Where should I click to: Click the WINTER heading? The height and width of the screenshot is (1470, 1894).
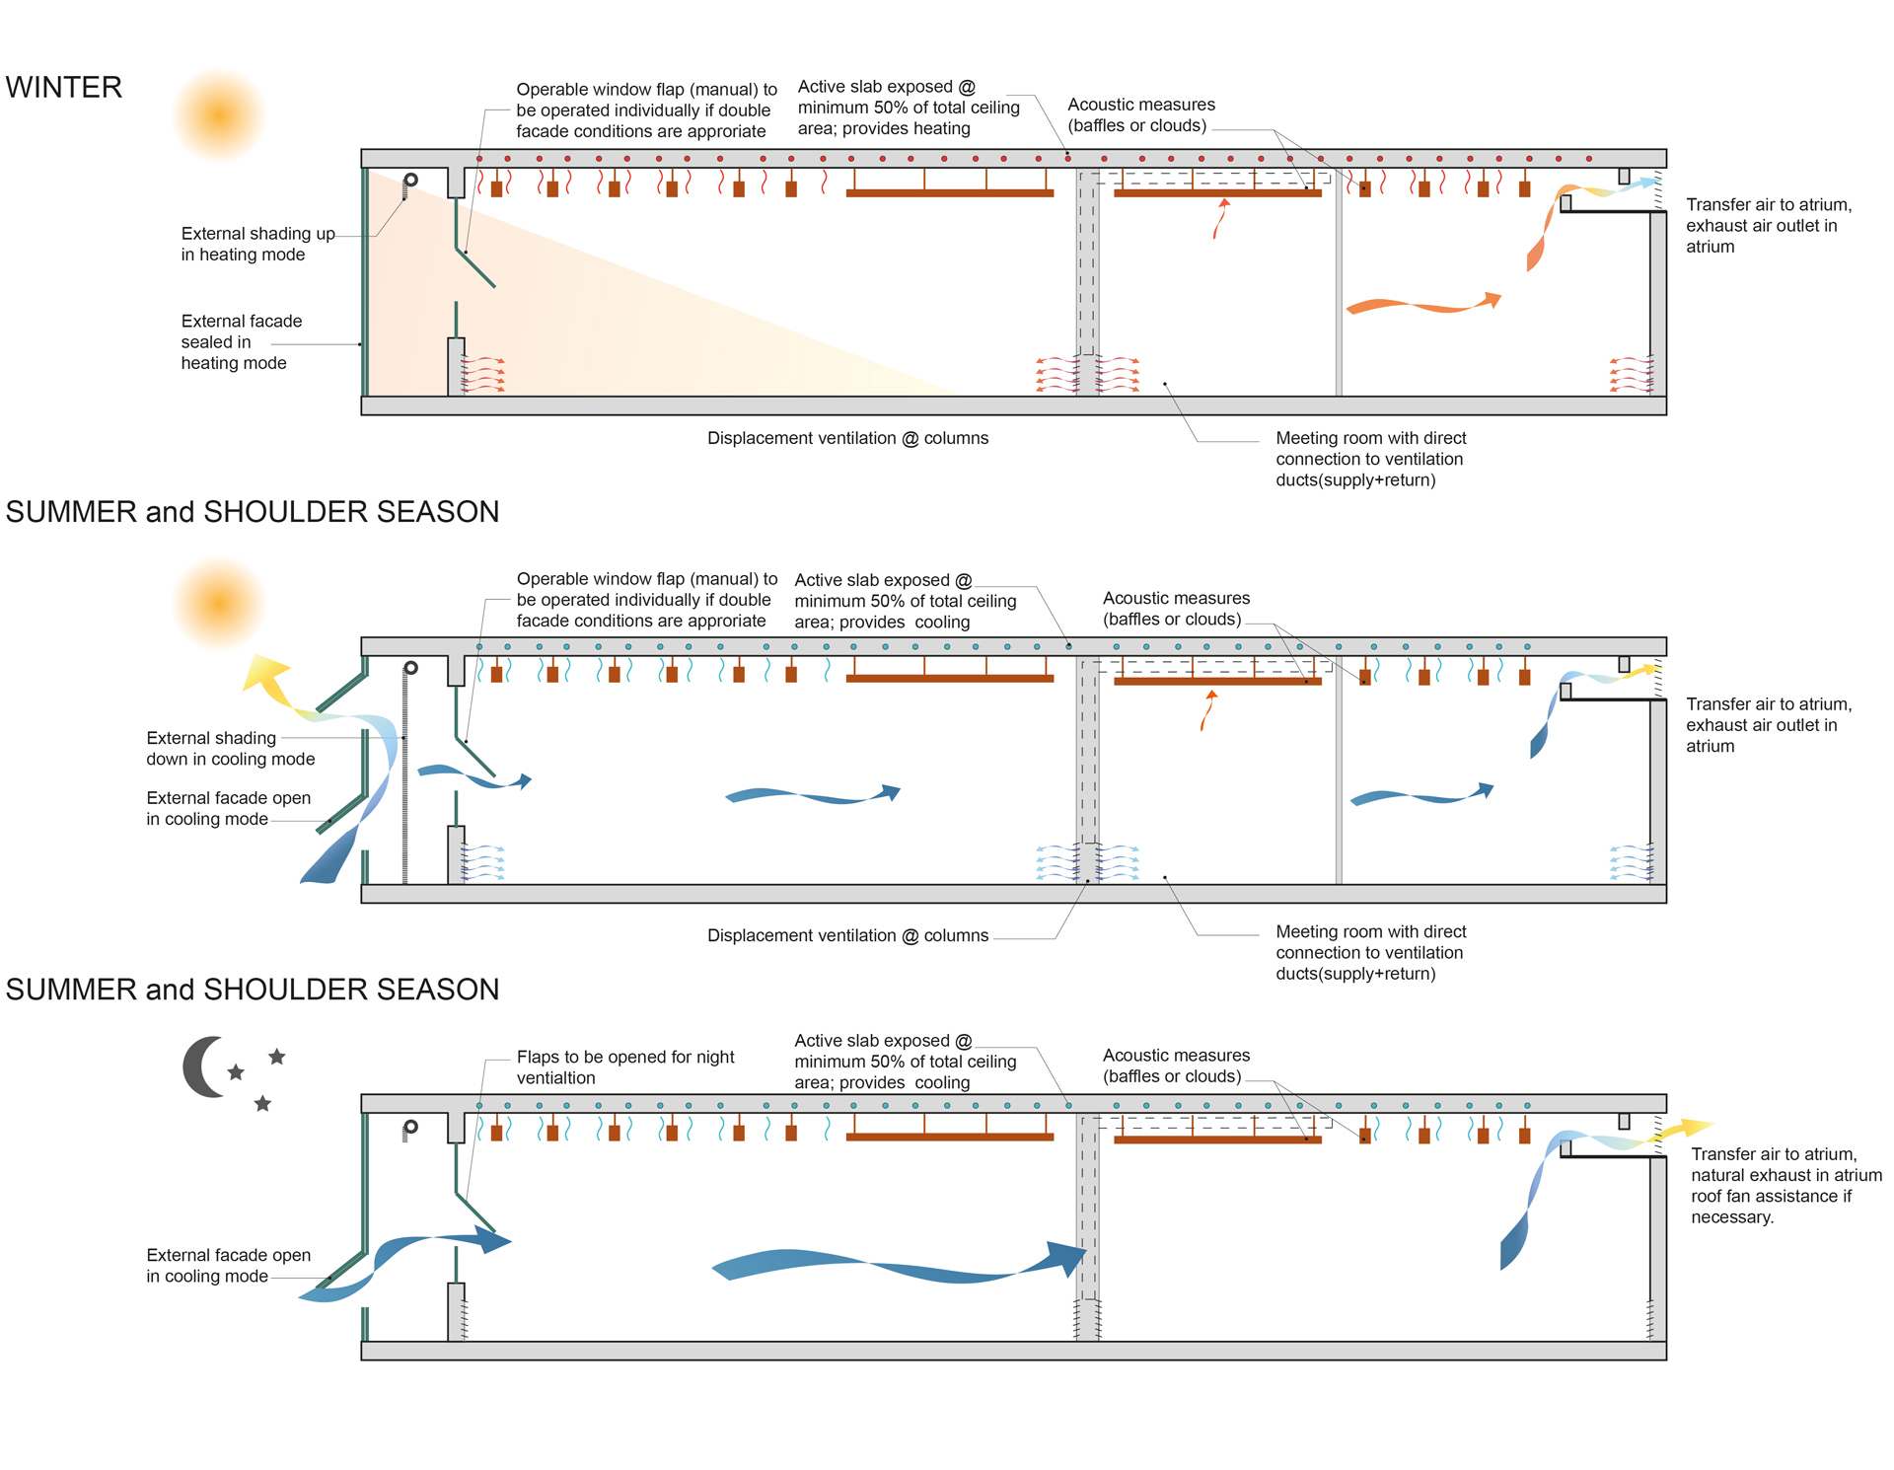coord(64,88)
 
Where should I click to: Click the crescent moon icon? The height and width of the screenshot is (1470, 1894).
coord(203,1066)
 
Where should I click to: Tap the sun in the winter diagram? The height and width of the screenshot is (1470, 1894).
coord(219,115)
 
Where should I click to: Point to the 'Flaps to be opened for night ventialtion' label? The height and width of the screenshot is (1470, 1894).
coord(625,1067)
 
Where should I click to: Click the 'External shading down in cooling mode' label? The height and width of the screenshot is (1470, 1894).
coord(230,749)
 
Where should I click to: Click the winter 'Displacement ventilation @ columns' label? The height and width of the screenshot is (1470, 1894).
coord(847,438)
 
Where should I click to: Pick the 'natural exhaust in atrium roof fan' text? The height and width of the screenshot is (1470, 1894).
coord(1785,1186)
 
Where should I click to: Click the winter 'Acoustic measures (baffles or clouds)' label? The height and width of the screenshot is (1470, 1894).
coord(1140,115)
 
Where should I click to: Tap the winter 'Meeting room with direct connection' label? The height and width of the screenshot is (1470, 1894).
coord(1370,459)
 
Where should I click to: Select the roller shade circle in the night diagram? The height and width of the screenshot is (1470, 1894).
coord(411,1126)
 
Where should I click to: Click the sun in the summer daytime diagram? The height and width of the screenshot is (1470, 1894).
coord(219,603)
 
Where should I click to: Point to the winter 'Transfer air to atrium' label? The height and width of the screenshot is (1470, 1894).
coord(1768,226)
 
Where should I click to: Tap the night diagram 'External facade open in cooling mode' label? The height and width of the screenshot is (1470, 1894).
coord(228,1266)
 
